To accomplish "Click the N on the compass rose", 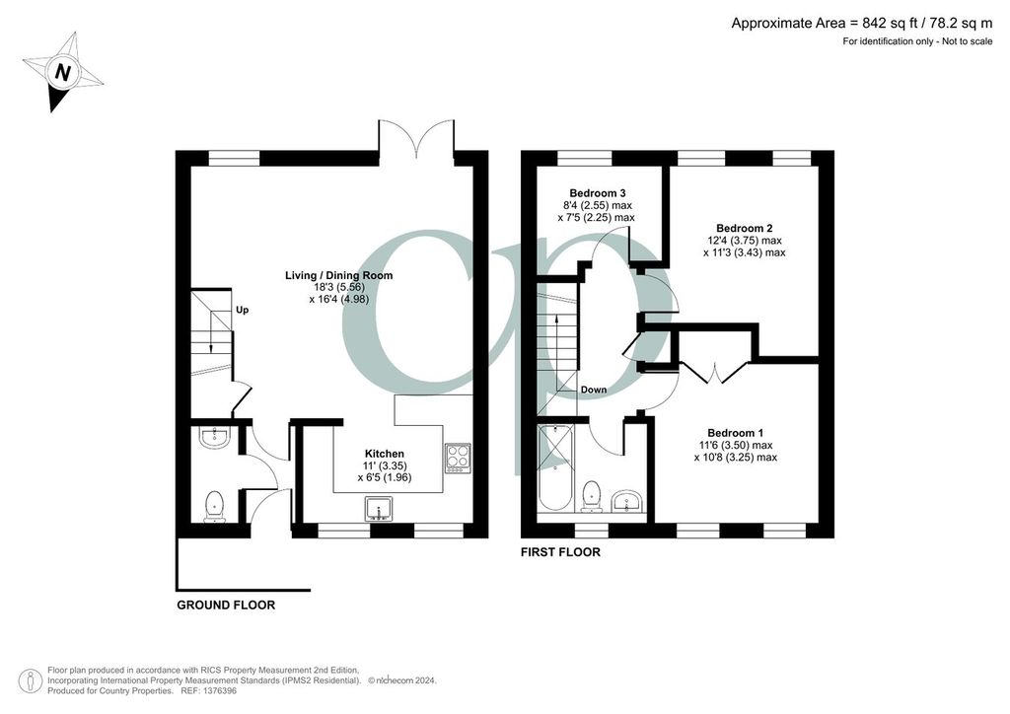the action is coord(62,72).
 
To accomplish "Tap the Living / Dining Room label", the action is coord(339,275).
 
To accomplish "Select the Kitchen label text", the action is coord(385,454).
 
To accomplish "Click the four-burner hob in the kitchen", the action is coord(458,458).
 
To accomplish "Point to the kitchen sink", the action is coord(378,509).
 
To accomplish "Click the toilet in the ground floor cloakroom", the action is coord(214,506).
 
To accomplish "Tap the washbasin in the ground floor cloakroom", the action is coord(214,437).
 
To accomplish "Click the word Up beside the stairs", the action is coord(242,310).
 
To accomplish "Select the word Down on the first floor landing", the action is coord(593,390).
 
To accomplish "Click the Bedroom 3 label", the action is coord(598,192).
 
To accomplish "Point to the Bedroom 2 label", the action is coord(745,228).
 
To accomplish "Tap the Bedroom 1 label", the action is coord(736,433).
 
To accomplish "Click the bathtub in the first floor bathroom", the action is coord(554,468).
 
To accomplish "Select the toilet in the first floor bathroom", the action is coord(591,497).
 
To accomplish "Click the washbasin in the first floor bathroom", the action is coord(627,502).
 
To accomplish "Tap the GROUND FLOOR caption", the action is coord(226,606).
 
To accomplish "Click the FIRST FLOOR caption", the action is coord(560,552).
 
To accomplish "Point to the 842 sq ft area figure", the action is coord(892,24).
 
